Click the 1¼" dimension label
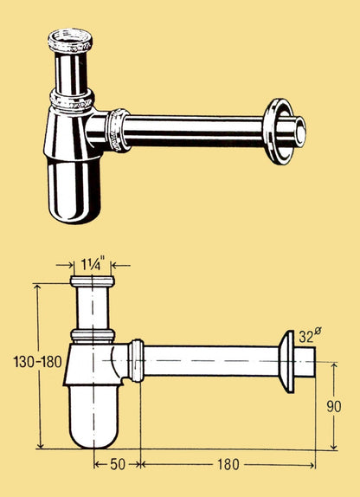(x=92, y=265)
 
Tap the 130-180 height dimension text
(x=38, y=362)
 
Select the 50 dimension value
(x=118, y=464)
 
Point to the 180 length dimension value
(x=228, y=465)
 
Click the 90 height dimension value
(x=334, y=407)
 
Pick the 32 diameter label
(x=308, y=336)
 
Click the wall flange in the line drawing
(x=286, y=362)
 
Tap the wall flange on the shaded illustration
(x=280, y=132)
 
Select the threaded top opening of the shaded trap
(x=70, y=40)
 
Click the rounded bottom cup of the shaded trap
(x=74, y=190)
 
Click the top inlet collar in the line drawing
(x=93, y=281)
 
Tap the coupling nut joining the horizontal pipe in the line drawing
(x=136, y=361)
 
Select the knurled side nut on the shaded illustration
(x=117, y=130)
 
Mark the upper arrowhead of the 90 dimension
(x=333, y=366)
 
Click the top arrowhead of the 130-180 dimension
(x=38, y=287)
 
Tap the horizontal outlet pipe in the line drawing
(x=211, y=361)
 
